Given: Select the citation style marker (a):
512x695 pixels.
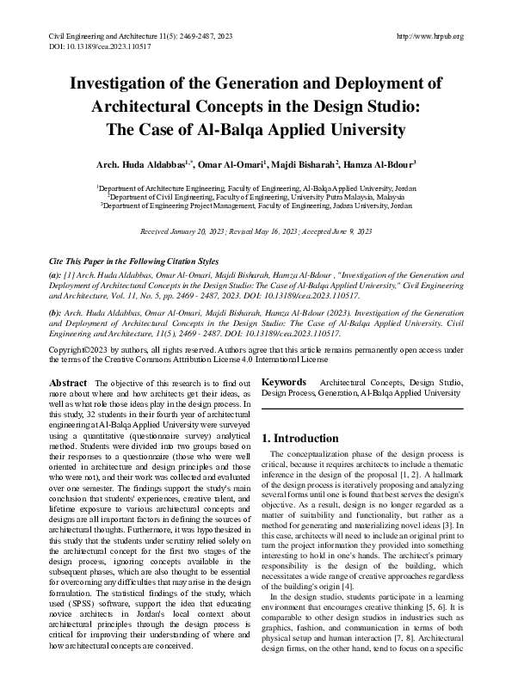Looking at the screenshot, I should point(55,276).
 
